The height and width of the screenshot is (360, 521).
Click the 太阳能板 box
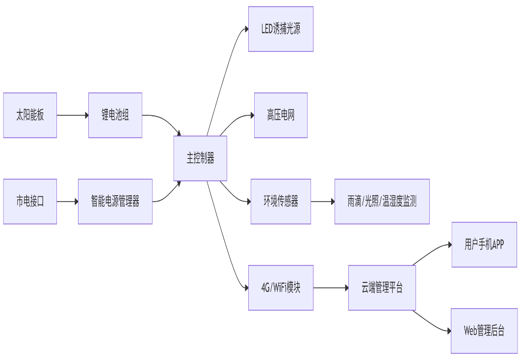pos(30,115)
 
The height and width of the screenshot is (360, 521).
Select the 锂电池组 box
pos(115,115)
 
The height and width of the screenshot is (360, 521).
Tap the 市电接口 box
pos(30,202)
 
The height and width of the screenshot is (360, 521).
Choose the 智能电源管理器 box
pos(115,202)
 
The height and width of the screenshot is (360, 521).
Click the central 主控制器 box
pos(200,158)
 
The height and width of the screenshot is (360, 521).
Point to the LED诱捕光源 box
pos(281,29)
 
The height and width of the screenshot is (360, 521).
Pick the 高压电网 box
pos(281,115)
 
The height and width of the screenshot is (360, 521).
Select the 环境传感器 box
pos(281,202)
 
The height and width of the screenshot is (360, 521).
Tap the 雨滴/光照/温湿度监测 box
pos(382,202)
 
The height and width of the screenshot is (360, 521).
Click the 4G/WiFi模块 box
pos(281,288)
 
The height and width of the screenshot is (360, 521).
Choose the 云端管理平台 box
pos(382,288)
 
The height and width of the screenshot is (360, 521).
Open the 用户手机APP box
pos(484,245)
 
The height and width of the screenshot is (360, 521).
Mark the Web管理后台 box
pos(484,331)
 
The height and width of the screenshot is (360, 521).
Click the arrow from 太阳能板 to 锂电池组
pos(72,115)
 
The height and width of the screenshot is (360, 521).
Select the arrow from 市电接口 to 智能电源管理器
pos(67,202)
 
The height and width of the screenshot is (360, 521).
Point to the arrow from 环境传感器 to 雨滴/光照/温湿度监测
pos(322,202)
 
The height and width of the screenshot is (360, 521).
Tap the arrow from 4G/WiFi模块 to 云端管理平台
pos(330,288)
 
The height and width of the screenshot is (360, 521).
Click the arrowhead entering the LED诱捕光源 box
pos(246,29)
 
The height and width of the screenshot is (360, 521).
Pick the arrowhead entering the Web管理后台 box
pos(448,331)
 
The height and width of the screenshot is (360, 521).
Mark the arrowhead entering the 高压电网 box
pos(252,116)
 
